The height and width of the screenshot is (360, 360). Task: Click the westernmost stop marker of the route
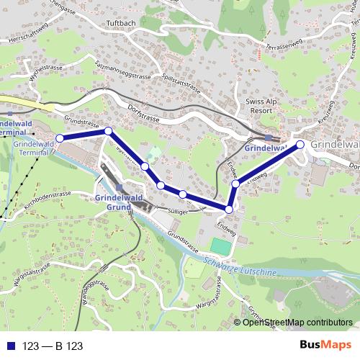click(x=60, y=138)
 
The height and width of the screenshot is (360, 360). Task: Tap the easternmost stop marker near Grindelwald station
click(x=300, y=145)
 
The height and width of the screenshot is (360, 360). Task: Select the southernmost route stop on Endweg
click(x=229, y=210)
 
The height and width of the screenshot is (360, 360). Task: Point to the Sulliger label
click(x=177, y=212)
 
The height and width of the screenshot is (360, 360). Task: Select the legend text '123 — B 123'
click(x=53, y=346)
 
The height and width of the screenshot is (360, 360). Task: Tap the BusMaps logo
click(x=325, y=345)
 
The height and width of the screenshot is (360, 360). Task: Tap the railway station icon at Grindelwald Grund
click(x=119, y=187)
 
